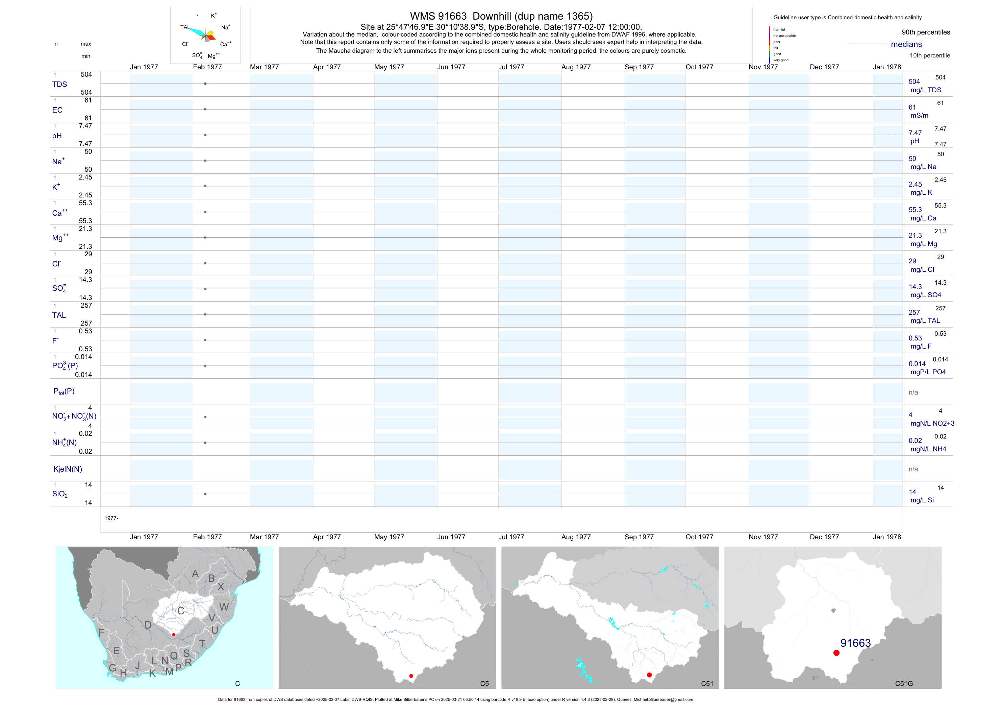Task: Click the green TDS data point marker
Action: point(205,84)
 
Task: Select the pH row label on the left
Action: point(57,136)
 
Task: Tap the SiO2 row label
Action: point(60,494)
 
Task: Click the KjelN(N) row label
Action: point(68,469)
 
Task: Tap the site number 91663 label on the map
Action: point(855,643)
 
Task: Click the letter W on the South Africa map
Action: point(224,607)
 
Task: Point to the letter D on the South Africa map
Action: point(148,625)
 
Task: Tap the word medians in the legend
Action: point(906,44)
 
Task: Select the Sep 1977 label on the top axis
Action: point(639,67)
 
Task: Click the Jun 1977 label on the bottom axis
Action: point(451,537)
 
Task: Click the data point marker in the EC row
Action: point(205,109)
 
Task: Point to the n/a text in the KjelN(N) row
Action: point(913,469)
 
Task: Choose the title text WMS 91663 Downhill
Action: point(501,16)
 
